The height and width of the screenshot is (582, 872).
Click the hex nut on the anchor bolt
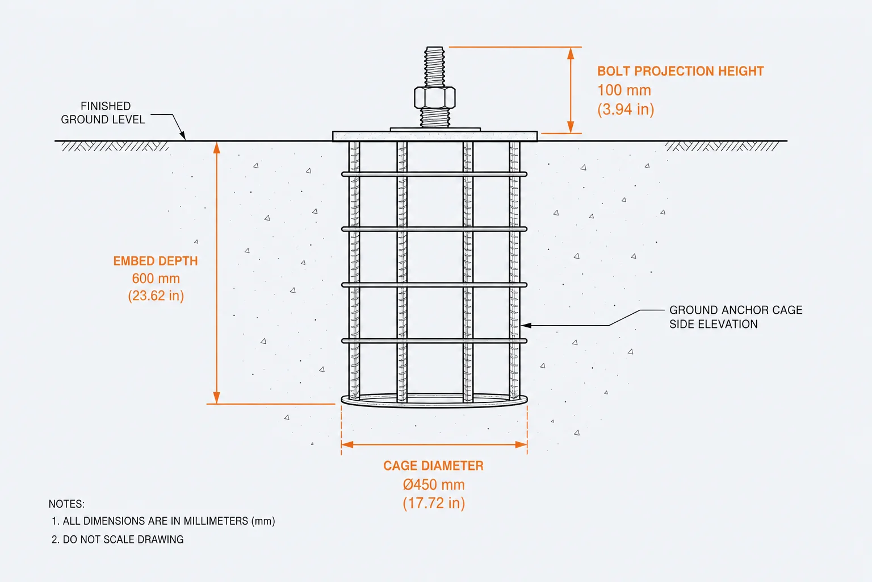434,97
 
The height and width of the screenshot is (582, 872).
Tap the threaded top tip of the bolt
434,49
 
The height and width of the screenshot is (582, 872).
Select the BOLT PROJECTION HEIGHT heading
681,72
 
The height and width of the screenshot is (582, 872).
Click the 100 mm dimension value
624,90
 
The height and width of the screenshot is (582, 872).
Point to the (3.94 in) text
626,109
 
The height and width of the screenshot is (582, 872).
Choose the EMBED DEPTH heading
156,261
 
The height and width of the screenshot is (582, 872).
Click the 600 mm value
156,278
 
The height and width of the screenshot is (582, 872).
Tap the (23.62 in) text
156,296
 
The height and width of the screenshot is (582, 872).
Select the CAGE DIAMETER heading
433,465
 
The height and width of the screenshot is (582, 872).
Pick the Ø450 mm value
434,485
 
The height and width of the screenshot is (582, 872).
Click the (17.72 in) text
434,503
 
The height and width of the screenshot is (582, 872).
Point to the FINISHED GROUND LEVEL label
103,113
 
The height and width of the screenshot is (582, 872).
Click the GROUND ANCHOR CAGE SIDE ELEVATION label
736,317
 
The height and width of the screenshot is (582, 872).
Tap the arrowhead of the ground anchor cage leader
525,325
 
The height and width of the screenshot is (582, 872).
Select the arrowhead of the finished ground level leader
183,136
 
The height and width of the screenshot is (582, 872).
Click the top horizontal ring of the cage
434,174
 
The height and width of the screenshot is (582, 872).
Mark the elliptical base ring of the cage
434,406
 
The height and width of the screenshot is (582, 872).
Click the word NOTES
66,504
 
